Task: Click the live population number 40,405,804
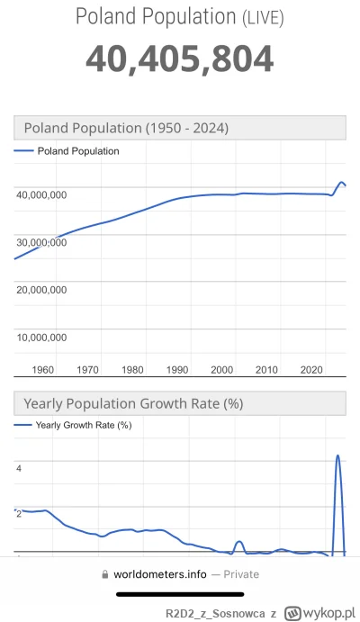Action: pyautogui.click(x=179, y=59)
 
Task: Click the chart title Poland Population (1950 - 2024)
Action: pyautogui.click(x=126, y=128)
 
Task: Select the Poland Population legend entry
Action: pyautogui.click(x=77, y=151)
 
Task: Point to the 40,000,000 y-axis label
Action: pyautogui.click(x=40, y=193)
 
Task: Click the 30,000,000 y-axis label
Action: pyautogui.click(x=40, y=241)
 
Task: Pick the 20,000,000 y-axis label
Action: pyautogui.click(x=40, y=289)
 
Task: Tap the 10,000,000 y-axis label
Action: pyautogui.click(x=40, y=338)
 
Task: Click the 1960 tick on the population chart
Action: pyautogui.click(x=42, y=369)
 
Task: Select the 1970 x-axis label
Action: pyautogui.click(x=87, y=369)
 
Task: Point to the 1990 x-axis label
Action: pyautogui.click(x=176, y=369)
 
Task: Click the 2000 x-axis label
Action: pyautogui.click(x=221, y=369)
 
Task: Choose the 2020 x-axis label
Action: pyautogui.click(x=310, y=369)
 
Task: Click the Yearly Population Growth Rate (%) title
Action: pyautogui.click(x=133, y=402)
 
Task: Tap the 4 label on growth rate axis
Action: pyautogui.click(x=18, y=468)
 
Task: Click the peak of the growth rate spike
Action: pyautogui.click(x=337, y=455)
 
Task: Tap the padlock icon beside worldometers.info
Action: pyautogui.click(x=106, y=573)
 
